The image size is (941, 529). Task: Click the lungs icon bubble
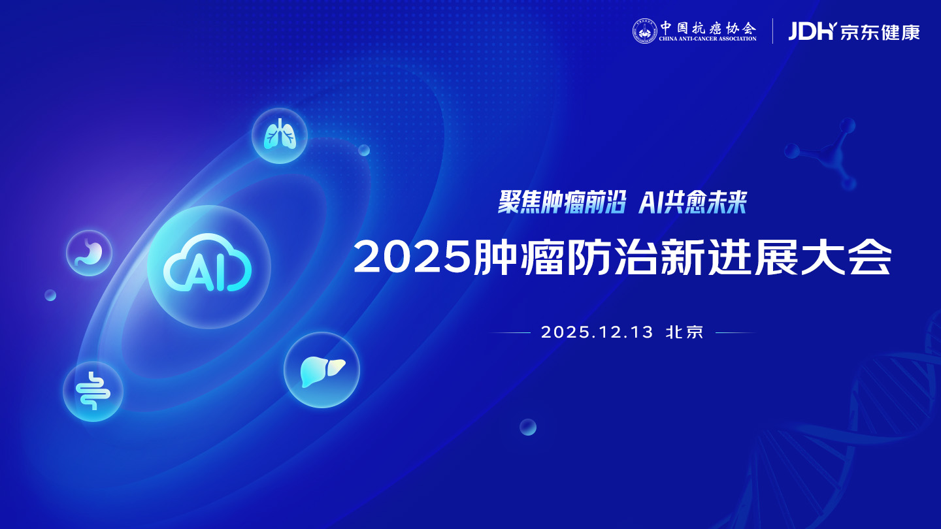[x=280, y=136]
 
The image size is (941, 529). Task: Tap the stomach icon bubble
[x=89, y=253]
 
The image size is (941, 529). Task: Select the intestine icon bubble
[x=93, y=391]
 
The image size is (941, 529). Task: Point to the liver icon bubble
[x=322, y=370]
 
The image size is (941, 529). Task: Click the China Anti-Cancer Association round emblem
[x=645, y=31]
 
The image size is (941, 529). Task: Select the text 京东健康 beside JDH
[x=880, y=32]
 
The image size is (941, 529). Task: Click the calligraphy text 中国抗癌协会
[x=708, y=27]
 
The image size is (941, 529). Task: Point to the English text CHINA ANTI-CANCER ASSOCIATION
[x=708, y=39]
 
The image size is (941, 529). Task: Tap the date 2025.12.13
[x=597, y=332]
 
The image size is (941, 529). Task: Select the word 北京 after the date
[x=685, y=332]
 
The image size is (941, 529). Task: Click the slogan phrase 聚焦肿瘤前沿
[x=562, y=202]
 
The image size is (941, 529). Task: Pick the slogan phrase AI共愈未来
[x=693, y=202]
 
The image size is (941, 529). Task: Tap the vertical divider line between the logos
[x=772, y=31]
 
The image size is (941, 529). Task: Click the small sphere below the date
[x=528, y=427]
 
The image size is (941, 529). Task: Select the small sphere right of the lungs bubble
[x=364, y=150]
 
